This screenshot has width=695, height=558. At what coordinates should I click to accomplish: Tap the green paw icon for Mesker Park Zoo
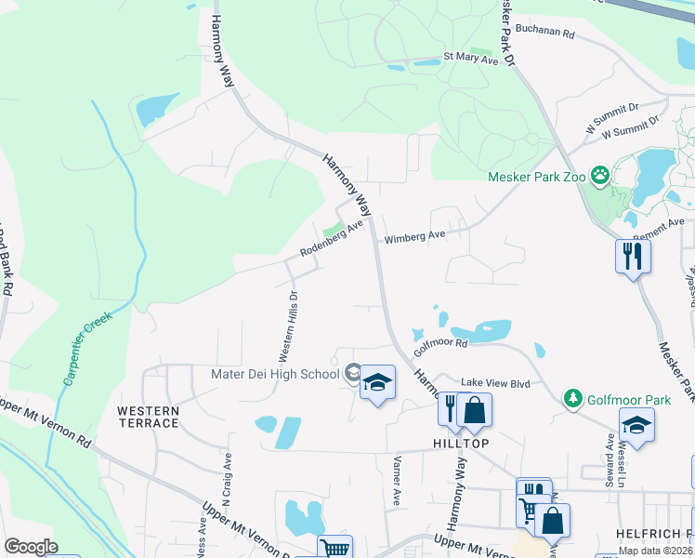click(x=600, y=175)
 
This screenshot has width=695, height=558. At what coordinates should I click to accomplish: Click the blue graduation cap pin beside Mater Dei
click(x=377, y=382)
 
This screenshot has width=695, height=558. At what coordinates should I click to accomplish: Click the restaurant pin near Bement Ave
click(x=633, y=254)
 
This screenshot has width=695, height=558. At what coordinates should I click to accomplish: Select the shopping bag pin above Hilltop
click(x=474, y=409)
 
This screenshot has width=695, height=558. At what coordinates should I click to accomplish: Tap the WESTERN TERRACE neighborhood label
click(x=148, y=417)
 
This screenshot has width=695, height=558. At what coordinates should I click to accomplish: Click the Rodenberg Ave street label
click(x=331, y=240)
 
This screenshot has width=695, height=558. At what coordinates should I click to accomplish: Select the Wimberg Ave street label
click(x=415, y=237)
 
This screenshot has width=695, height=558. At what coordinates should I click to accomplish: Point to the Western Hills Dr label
click(x=288, y=325)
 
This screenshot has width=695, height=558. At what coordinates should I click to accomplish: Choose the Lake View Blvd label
click(x=495, y=382)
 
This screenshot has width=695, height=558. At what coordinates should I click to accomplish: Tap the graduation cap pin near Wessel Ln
click(x=636, y=426)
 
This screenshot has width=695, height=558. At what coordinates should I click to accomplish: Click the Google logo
click(x=31, y=546)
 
